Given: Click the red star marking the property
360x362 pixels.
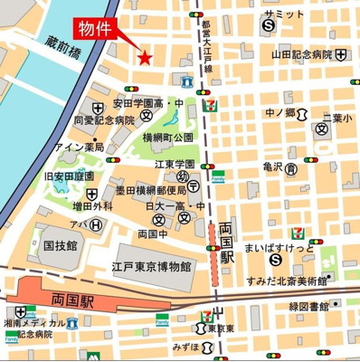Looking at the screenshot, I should tap(144, 58).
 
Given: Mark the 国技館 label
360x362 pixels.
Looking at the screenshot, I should tap(61, 243).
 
